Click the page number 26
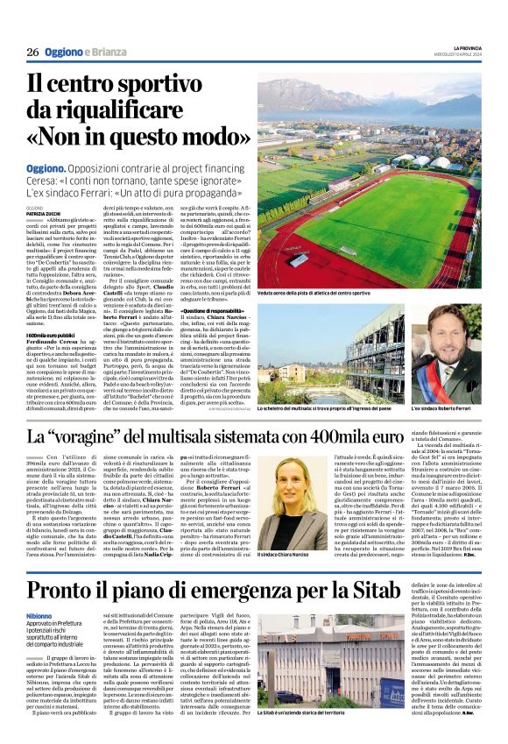point(32,53)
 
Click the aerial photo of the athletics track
point(368,184)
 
